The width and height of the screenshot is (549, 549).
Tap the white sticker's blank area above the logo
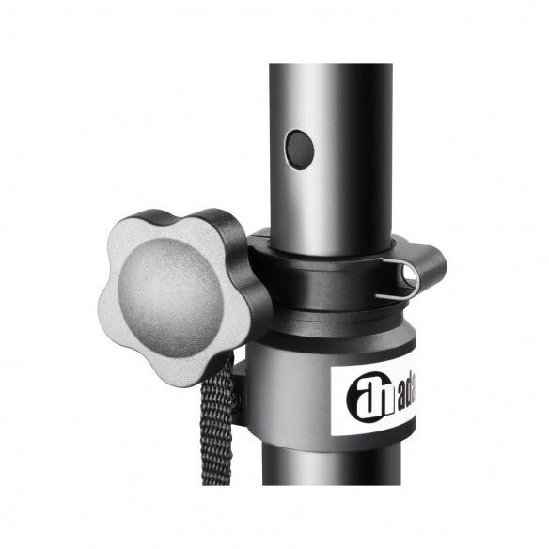click(x=371, y=369)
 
